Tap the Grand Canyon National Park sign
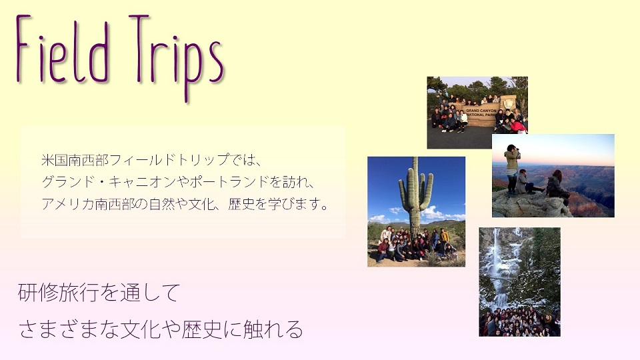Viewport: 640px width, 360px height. point(482,112)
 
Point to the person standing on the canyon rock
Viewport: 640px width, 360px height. point(512,169)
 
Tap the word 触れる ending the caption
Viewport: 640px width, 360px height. point(273,329)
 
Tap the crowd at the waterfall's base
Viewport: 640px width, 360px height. point(519,322)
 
